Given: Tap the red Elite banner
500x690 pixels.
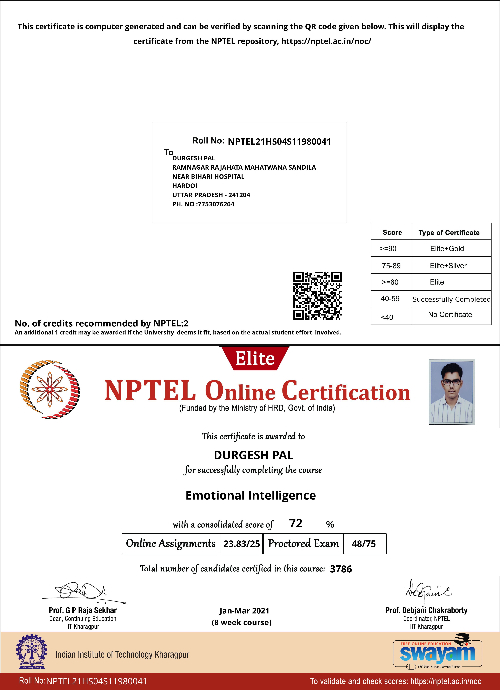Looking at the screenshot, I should (x=255, y=358).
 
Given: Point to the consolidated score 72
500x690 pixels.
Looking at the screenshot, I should (x=296, y=523).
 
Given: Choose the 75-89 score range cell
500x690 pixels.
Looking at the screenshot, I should (x=391, y=266).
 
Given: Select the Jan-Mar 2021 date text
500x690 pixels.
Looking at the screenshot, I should (x=244, y=611).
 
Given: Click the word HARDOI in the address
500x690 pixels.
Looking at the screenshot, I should (x=185, y=186).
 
